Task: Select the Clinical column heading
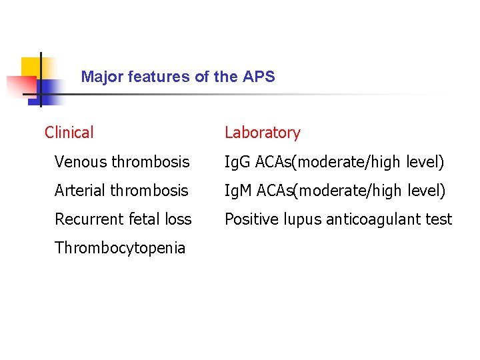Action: tap(69, 133)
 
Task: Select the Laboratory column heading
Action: tap(263, 133)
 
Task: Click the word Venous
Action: tap(81, 162)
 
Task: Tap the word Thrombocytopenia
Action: tap(120, 248)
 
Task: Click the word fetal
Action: tap(142, 219)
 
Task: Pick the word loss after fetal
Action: tap(178, 219)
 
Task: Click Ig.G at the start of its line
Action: tap(237, 162)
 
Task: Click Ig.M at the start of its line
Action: tap(238, 191)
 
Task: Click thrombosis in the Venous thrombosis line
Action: tap(151, 162)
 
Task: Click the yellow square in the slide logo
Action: tap(29, 67)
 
